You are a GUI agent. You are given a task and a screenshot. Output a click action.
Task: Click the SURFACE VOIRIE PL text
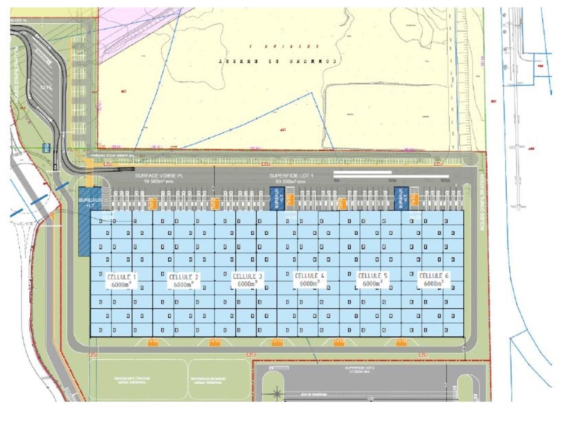[159, 175]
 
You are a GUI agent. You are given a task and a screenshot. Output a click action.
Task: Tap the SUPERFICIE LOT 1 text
[288, 175]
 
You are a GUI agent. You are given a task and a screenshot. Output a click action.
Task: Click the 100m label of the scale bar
[445, 180]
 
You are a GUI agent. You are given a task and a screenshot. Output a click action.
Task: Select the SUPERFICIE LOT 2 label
[358, 368]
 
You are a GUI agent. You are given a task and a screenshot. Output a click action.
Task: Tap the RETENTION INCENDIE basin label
[208, 380]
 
